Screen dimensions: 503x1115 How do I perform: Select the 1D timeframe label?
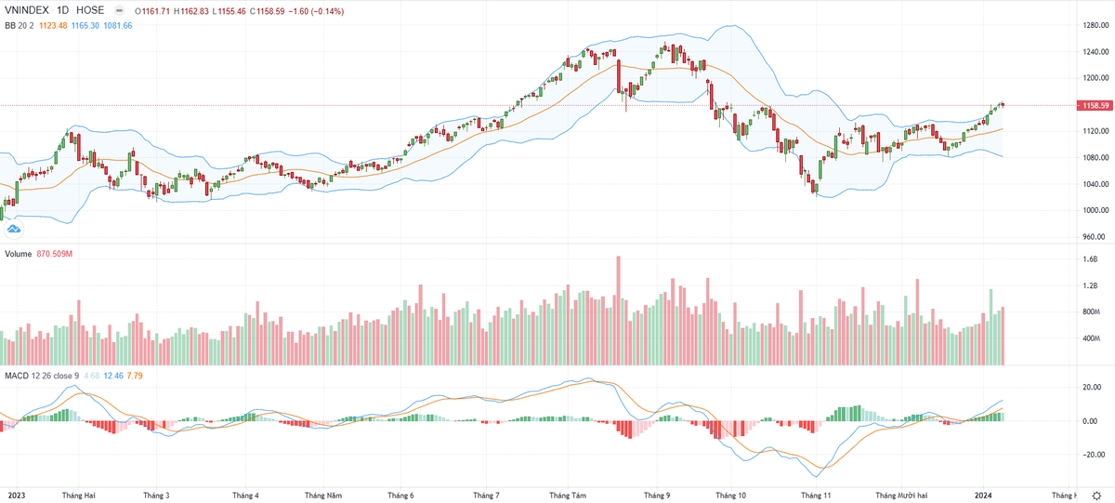70,10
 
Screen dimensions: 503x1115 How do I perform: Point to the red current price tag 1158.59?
1093,106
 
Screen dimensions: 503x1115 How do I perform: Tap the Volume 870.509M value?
56,254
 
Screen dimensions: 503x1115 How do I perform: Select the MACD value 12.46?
112,375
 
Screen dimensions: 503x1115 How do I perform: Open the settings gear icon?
1095,496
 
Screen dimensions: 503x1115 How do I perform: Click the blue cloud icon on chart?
14,228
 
